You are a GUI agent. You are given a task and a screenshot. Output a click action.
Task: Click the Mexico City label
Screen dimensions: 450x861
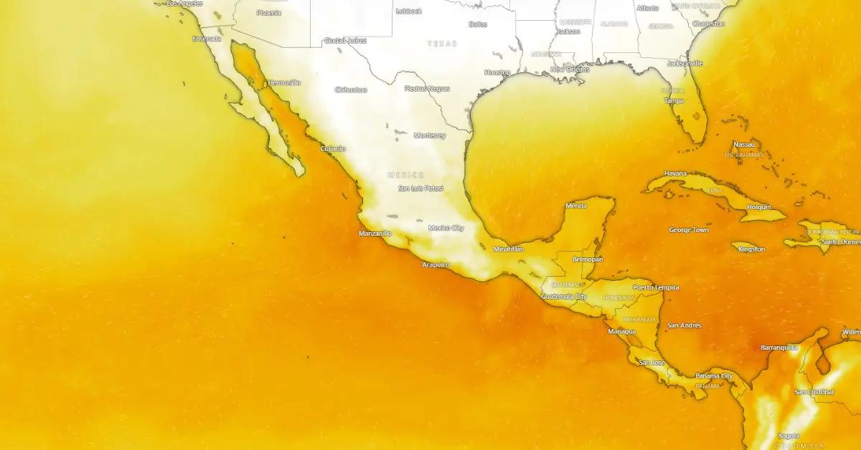[x=446, y=228]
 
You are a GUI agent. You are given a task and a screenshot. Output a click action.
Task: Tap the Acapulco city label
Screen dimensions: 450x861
[x=436, y=265]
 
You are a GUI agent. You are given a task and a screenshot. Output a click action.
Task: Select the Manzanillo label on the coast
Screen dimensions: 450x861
[x=375, y=234]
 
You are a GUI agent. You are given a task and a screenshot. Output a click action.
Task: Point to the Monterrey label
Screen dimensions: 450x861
[x=430, y=135]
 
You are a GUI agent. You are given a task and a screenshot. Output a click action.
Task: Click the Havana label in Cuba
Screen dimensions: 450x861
[x=675, y=173]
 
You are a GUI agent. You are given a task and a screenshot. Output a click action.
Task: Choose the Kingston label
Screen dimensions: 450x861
[x=752, y=249]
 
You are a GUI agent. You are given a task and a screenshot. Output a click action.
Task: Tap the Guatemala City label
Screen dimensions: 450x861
[x=565, y=296]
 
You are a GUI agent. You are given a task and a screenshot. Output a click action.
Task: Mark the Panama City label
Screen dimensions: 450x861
[x=714, y=376]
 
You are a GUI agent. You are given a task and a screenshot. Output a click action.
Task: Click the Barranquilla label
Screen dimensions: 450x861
[x=779, y=348]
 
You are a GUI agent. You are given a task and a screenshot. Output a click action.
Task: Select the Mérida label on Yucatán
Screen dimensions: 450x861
[x=576, y=206]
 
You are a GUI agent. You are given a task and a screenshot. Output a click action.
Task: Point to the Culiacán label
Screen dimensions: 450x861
[x=333, y=149]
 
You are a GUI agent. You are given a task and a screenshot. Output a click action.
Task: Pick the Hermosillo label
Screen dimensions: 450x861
[x=285, y=83]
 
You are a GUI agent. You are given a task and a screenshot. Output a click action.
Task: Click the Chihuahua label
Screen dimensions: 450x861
[x=351, y=90]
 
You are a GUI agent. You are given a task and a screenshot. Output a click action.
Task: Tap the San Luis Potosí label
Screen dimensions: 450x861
[x=421, y=188]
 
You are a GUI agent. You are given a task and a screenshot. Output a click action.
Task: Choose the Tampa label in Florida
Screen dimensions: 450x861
[x=674, y=101]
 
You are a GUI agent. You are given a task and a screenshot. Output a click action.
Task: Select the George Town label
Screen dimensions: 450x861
[x=689, y=230]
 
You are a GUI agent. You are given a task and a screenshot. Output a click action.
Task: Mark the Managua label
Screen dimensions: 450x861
[x=622, y=332]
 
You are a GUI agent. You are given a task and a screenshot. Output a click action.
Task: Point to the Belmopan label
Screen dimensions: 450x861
[x=588, y=259]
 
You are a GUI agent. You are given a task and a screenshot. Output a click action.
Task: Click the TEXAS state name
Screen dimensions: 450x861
[x=442, y=44]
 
